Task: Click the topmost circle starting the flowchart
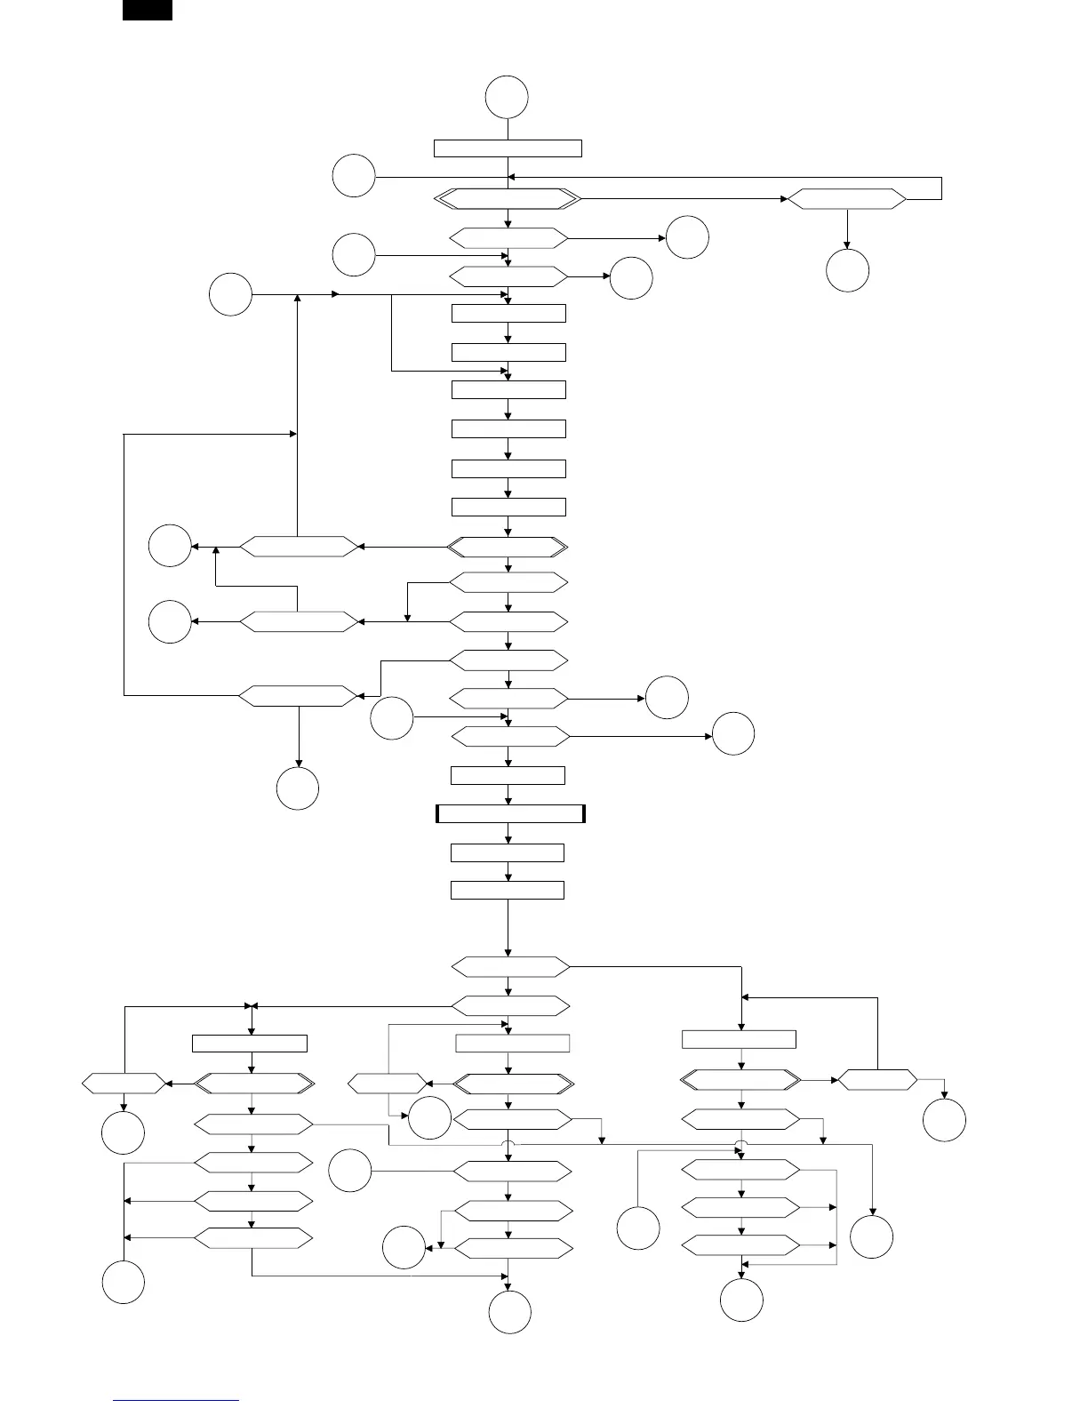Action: click(x=508, y=97)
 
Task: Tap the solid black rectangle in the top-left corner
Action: click(x=148, y=10)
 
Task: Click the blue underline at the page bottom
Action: click(x=176, y=1401)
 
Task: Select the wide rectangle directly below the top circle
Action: click(x=508, y=148)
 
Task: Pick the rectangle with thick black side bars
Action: click(x=510, y=813)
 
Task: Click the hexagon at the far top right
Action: click(x=847, y=200)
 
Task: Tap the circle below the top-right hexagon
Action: click(x=847, y=270)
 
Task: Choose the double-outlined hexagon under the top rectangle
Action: click(x=508, y=200)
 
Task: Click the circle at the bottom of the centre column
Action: click(x=510, y=1312)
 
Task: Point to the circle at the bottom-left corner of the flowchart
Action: click(x=124, y=1282)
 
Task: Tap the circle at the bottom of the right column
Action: click(x=741, y=1300)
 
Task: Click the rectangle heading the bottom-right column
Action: click(x=739, y=1039)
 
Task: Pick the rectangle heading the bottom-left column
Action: click(x=250, y=1044)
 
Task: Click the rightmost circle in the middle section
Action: click(x=733, y=733)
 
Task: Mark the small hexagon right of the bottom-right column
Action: click(x=877, y=1080)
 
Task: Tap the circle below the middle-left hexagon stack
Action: click(x=298, y=788)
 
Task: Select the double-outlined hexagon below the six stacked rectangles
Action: click(x=508, y=546)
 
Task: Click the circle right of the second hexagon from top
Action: click(x=687, y=237)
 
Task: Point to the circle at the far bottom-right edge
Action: click(x=944, y=1120)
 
